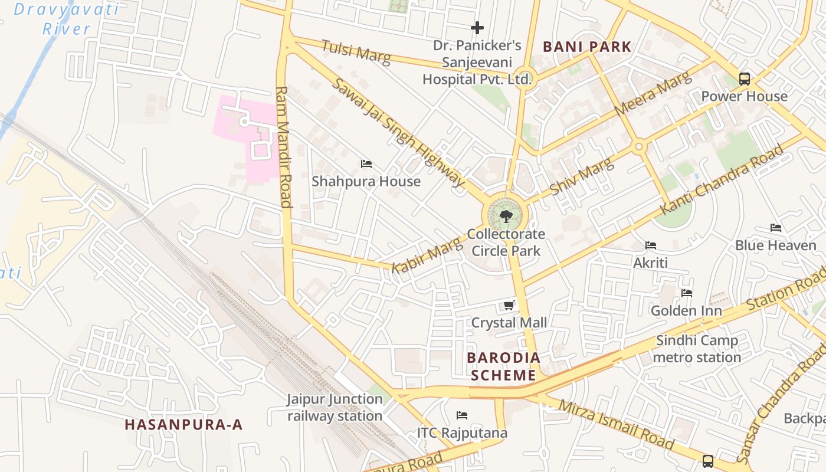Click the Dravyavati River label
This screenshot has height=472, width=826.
[66, 19]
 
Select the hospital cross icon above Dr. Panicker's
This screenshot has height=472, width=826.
[477, 28]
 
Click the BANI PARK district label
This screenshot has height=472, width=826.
[587, 47]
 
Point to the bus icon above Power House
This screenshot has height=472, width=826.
[745, 79]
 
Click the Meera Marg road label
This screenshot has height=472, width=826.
[652, 94]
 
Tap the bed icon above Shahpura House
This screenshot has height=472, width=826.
[366, 164]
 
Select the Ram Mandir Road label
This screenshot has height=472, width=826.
[284, 147]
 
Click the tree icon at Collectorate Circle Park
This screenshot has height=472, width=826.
[506, 217]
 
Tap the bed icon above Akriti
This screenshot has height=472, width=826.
[651, 245]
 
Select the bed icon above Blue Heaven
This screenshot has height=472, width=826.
[776, 228]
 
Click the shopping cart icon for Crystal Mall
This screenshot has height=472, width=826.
[509, 306]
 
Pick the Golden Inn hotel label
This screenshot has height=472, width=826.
[686, 310]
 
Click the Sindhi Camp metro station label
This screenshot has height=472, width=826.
[697, 349]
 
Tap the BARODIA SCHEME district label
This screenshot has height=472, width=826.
[503, 366]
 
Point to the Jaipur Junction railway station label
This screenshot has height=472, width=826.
[335, 407]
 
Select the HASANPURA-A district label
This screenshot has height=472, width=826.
[183, 425]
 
